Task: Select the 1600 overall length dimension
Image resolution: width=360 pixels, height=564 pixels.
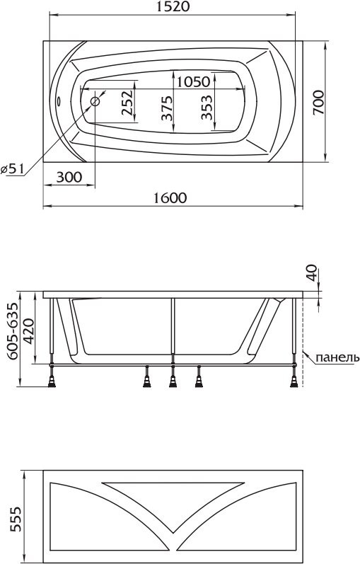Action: point(170,198)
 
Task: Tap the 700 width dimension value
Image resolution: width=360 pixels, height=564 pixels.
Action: point(318,102)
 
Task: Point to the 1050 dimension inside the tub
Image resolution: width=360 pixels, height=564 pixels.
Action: point(193,81)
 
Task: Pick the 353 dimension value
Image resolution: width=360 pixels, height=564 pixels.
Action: point(207,111)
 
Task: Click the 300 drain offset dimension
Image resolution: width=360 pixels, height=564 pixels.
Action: point(69,177)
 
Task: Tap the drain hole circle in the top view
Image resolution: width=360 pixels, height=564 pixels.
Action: point(95,101)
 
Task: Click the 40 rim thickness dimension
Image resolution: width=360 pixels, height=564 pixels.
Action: point(312,273)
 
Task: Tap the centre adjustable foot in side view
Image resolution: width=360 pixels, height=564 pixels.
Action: point(171,381)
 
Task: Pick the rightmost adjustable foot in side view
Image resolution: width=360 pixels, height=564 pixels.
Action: point(292,381)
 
